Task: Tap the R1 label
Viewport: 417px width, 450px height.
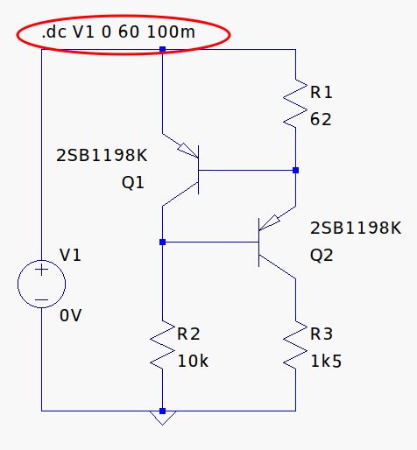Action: pyautogui.click(x=321, y=92)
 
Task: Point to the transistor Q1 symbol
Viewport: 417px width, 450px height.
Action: pyautogui.click(x=188, y=169)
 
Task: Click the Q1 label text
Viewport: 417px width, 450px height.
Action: pyautogui.click(x=133, y=184)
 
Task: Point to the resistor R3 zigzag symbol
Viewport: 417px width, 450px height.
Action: pyautogui.click(x=296, y=348)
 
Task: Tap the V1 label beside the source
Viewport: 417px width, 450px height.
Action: pyautogui.click(x=70, y=255)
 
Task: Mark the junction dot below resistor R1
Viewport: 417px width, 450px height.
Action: pyautogui.click(x=296, y=170)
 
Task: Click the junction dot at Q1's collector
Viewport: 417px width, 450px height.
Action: pyautogui.click(x=163, y=241)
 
